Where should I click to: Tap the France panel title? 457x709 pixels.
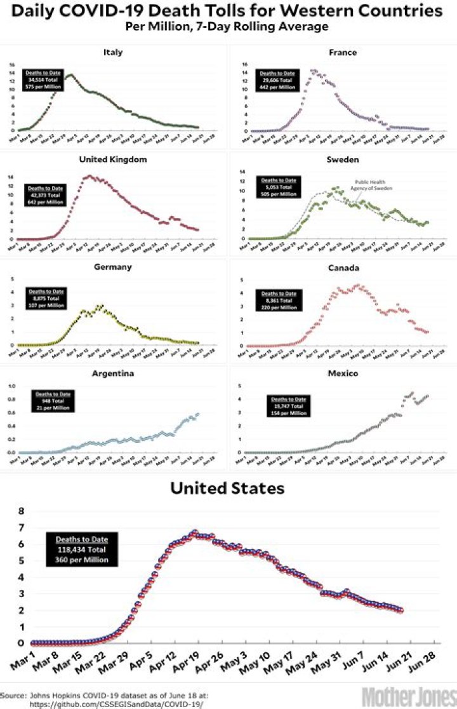[342, 52]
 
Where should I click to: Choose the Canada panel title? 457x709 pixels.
[342, 267]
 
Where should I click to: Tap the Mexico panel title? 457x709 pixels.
[342, 374]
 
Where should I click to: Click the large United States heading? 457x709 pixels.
[227, 489]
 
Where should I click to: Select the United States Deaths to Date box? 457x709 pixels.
[81, 550]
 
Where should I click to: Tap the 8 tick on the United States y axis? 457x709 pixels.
[21, 511]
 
